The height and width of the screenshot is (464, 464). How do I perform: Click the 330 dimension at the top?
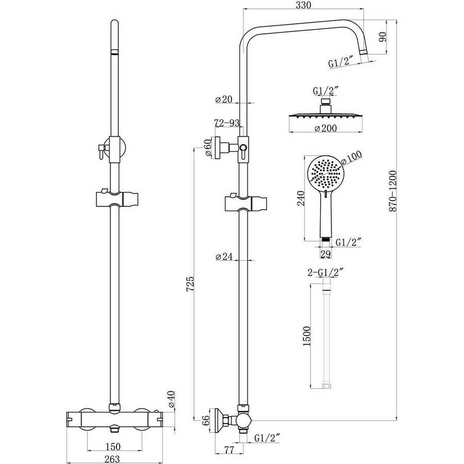click(304, 5)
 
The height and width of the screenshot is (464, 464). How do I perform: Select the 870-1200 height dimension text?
click(393, 191)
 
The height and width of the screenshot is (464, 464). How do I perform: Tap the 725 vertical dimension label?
click(191, 284)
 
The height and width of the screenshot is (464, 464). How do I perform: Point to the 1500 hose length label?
click(307, 336)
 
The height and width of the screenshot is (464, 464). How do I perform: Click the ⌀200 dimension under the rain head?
click(325, 128)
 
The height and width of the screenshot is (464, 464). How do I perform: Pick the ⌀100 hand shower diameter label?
click(351, 158)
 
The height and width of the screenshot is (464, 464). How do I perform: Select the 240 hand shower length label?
click(301, 198)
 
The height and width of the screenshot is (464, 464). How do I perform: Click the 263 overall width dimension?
click(112, 459)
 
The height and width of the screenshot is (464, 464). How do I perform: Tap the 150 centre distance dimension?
click(113, 446)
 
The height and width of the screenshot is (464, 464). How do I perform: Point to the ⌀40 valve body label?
click(171, 400)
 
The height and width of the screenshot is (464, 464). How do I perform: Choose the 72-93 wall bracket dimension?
click(227, 123)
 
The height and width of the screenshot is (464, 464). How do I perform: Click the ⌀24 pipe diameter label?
click(224, 256)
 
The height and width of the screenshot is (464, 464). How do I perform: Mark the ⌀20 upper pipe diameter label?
click(224, 99)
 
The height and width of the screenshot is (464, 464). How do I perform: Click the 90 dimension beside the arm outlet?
click(383, 37)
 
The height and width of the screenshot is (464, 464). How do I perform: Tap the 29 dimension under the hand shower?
click(325, 254)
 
